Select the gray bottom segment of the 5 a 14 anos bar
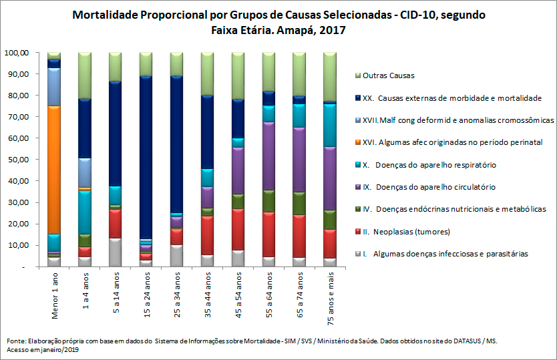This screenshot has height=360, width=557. point(116,252)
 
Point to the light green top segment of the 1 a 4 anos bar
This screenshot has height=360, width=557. point(85,75)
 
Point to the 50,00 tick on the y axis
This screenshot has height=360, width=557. point(16,160)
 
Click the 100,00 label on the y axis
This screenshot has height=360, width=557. point(16,52)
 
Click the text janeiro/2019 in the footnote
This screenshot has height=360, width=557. point(61,349)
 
